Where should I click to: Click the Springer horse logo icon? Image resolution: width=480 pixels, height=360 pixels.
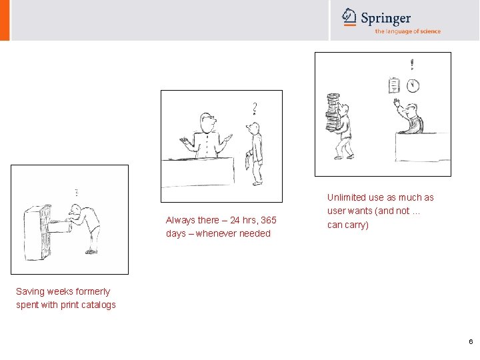click(349, 17)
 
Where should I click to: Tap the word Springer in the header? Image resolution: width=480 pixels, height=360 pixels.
click(386, 18)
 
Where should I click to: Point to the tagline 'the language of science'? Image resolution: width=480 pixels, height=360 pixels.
click(408, 31)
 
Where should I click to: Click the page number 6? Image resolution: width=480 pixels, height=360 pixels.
click(471, 341)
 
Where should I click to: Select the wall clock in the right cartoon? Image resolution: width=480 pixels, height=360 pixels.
click(413, 85)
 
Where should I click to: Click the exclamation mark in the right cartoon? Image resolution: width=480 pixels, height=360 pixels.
click(412, 64)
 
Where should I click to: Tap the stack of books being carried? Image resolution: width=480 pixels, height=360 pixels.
click(333, 113)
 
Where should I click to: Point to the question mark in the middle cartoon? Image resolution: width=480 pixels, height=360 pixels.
click(255, 109)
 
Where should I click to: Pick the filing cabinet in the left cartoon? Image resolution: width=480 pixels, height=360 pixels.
click(37, 233)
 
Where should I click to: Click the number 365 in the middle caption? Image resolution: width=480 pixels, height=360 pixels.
click(269, 220)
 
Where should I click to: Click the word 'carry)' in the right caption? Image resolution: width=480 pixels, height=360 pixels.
click(358, 225)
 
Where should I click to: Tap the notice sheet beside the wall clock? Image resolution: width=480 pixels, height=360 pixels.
click(394, 85)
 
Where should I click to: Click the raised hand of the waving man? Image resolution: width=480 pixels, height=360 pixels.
click(397, 102)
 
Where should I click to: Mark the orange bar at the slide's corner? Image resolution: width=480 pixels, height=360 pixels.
click(5, 20)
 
